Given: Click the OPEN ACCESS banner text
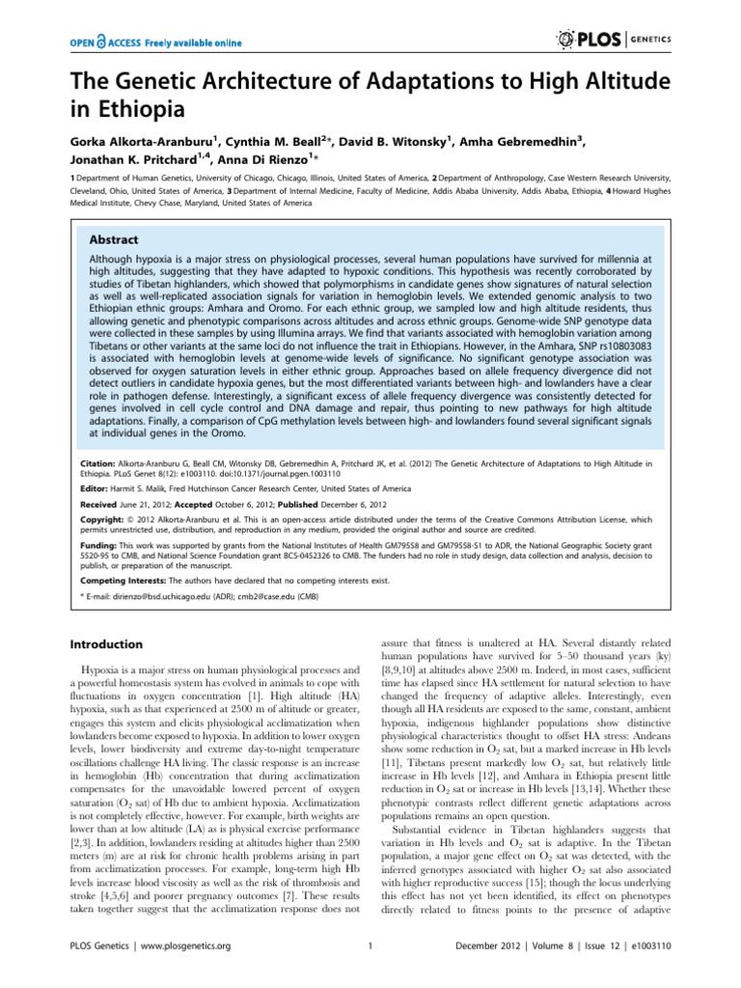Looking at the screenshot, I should (153, 42).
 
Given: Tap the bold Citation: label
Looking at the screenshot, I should (101, 463).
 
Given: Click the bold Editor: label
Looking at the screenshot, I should (97, 490).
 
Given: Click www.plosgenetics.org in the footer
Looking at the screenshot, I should (188, 974).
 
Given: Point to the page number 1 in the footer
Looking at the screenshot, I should (370, 974).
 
